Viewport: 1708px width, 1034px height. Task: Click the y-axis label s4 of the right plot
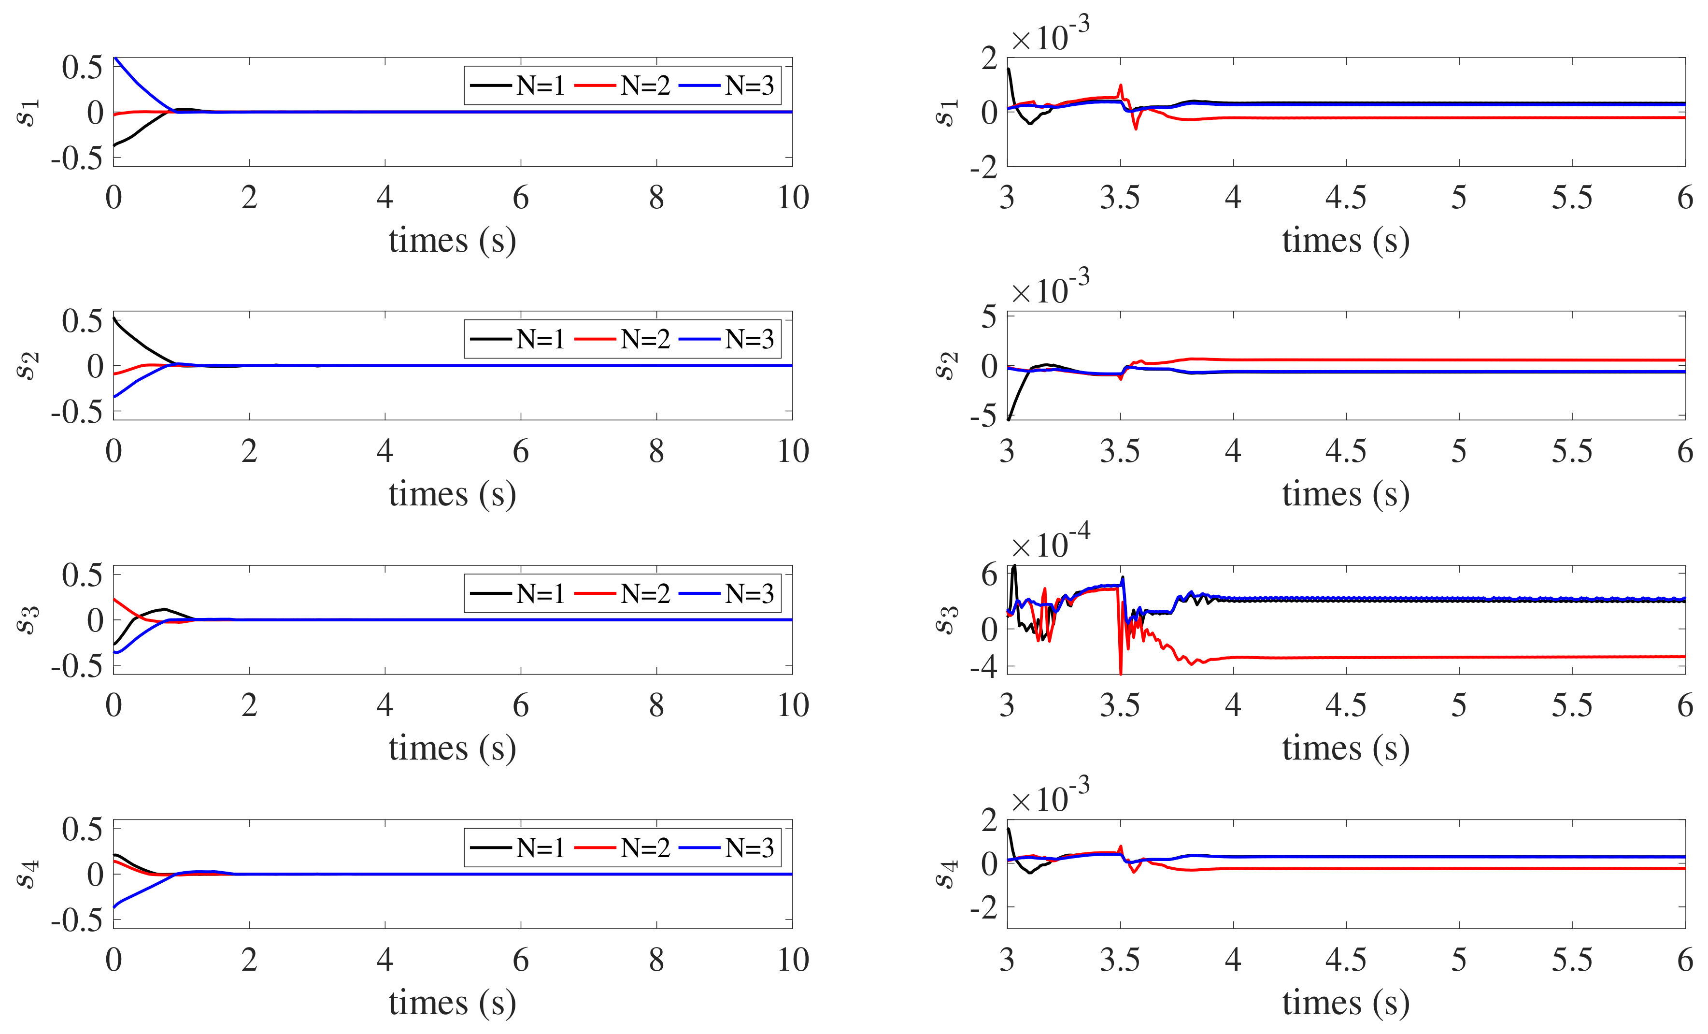coord(947,874)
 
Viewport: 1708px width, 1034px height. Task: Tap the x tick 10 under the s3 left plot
coord(792,705)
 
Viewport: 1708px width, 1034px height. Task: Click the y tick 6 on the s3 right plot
coord(989,575)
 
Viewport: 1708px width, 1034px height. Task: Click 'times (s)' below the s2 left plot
coord(452,494)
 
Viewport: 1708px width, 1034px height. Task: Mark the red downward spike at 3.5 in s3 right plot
coord(1121,671)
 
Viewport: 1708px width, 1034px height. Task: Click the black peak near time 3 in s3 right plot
coord(1015,567)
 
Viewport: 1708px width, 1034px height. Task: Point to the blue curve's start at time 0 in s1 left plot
coord(115,59)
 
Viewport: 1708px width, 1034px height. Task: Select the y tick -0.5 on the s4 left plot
coord(76,919)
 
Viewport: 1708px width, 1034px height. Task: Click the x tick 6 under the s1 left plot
coord(521,198)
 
